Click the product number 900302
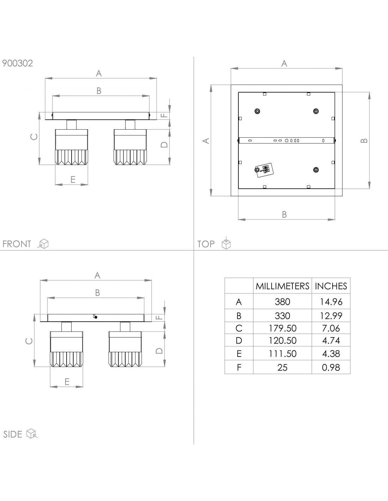tap(18, 63)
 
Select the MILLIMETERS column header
tap(282, 286)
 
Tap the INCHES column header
tap(331, 286)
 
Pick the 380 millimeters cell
tap(282, 302)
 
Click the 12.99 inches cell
tap(331, 316)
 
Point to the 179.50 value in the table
tap(282, 328)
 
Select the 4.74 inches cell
tap(331, 341)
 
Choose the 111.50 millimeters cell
tap(282, 354)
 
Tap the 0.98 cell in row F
tap(331, 367)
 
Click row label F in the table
tap(239, 367)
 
